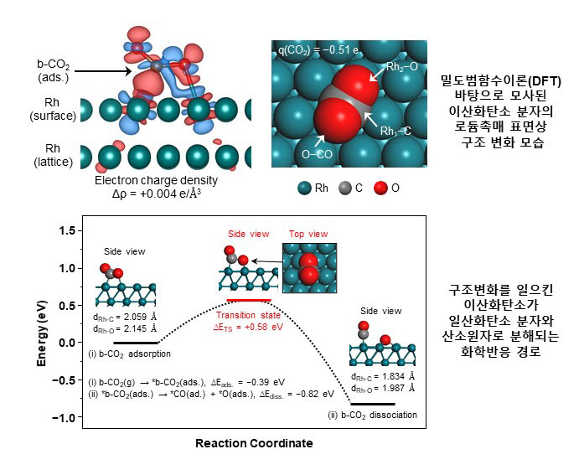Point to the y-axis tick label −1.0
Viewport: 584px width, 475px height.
pos(67,416)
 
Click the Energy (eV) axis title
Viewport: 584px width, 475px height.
pos(42,323)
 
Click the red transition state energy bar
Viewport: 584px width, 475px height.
pos(249,299)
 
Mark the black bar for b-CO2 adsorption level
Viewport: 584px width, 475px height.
pos(135,343)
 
